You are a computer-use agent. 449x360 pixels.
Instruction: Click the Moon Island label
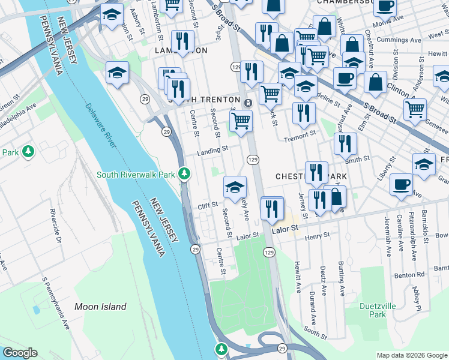[100, 307]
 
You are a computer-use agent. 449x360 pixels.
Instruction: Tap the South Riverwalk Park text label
[136, 175]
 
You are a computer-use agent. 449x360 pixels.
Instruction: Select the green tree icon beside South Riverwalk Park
[185, 175]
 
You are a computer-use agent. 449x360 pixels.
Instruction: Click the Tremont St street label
[301, 136]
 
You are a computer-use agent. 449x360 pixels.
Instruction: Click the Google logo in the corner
[19, 353]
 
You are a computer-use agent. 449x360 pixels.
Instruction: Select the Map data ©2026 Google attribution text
[411, 355]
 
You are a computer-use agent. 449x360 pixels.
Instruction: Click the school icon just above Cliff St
[235, 187]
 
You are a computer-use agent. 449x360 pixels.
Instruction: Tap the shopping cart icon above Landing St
[241, 120]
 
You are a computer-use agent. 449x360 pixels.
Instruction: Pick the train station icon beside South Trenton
[248, 103]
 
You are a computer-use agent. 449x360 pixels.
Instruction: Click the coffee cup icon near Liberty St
[401, 185]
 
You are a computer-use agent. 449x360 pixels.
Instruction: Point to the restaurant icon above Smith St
[345, 143]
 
